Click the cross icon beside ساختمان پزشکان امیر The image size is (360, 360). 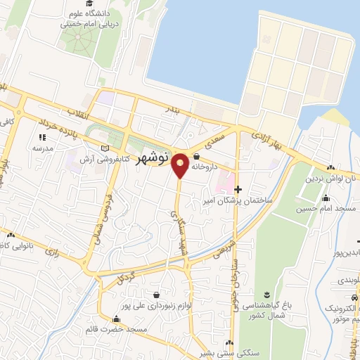click(238, 188)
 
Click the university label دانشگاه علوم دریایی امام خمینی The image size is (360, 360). click(95, 18)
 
